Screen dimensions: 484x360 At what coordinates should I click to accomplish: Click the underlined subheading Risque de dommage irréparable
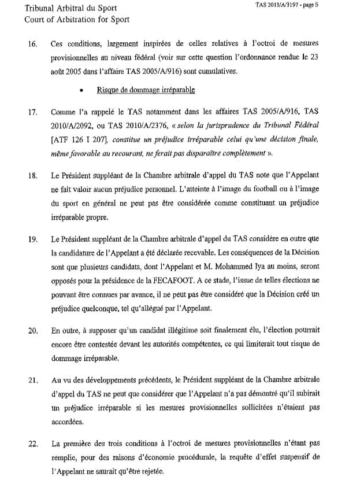[x=146, y=90]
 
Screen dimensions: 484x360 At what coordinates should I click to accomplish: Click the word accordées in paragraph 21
[x=69, y=423]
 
